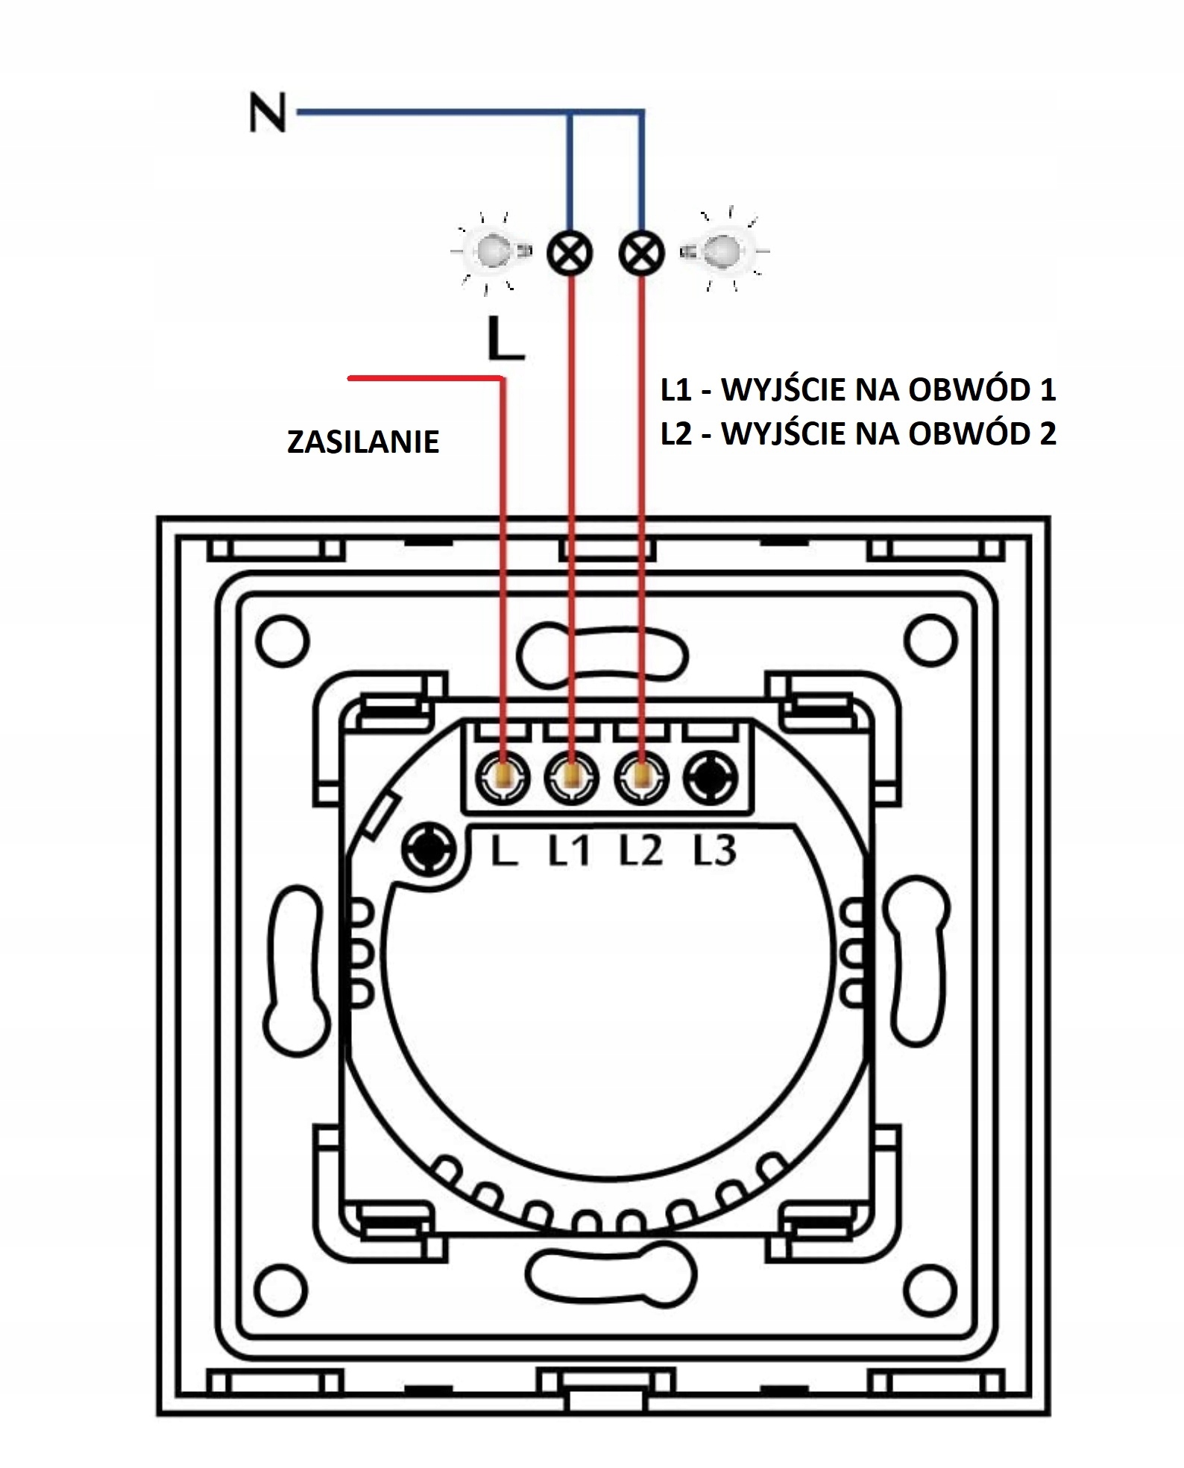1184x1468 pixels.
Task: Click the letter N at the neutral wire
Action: click(268, 114)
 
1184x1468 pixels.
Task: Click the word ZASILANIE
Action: click(363, 442)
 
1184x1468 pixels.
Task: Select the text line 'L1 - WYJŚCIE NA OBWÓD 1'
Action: click(858, 390)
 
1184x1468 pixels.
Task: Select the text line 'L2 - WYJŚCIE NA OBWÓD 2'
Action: click(858, 433)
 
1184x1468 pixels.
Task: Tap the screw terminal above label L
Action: click(502, 778)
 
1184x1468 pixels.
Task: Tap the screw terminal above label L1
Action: click(572, 778)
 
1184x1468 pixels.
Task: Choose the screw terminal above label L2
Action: click(641, 778)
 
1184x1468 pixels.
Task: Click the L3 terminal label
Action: click(714, 850)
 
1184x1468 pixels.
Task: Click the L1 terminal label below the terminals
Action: click(570, 850)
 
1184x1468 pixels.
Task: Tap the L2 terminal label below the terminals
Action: click(640, 850)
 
